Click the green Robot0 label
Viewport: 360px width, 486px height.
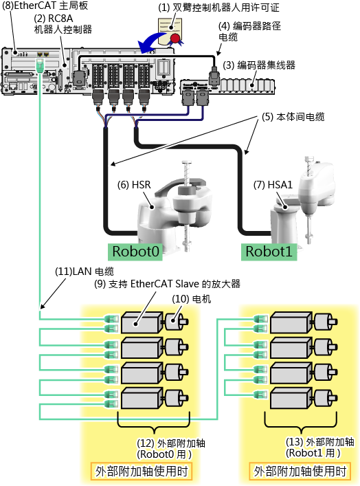135,252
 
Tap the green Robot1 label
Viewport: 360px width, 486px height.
269,252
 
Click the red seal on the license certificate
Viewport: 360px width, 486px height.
175,38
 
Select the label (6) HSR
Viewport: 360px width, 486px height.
134,185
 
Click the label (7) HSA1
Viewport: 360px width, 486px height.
273,185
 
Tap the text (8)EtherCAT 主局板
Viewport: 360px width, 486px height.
45,5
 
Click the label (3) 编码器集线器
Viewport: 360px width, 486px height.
259,65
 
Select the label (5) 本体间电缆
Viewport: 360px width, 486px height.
293,117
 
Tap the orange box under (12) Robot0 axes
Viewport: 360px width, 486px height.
142,472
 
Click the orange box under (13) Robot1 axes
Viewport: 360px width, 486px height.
300,472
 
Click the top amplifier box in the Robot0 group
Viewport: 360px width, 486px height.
142,322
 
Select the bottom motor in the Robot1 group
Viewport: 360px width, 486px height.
326,397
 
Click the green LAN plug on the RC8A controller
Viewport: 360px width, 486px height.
39,66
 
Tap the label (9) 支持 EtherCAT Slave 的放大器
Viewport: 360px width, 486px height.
168,284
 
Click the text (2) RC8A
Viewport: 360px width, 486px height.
54,19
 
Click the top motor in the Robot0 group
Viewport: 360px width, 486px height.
177,322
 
